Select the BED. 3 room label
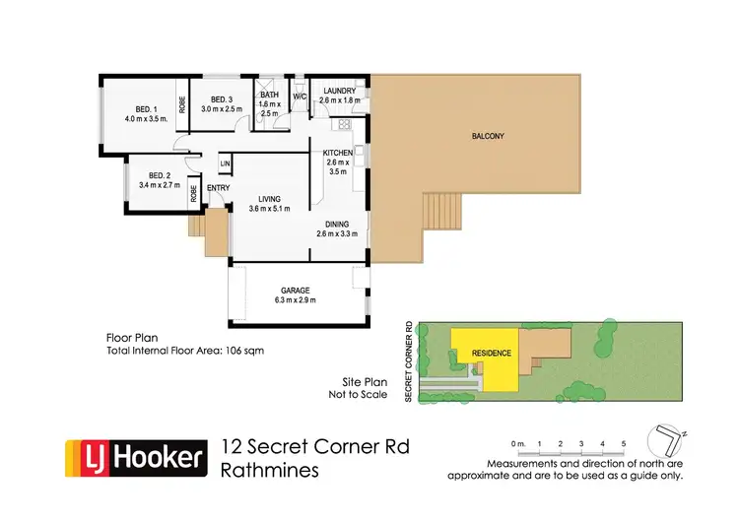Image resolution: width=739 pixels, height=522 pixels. coord(217,99)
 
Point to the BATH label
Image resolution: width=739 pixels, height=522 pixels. coord(270,95)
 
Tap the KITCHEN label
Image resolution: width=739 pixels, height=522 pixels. coord(338,153)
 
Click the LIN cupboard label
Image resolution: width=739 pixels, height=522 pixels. coord(225,163)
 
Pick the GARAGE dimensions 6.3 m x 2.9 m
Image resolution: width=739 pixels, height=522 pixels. coord(297,299)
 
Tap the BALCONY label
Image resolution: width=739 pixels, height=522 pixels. coord(488,136)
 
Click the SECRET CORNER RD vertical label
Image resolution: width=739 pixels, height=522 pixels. coord(408,359)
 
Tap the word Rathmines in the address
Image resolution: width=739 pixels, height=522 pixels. coord(271,470)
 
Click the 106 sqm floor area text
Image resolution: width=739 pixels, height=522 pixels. coord(242,351)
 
